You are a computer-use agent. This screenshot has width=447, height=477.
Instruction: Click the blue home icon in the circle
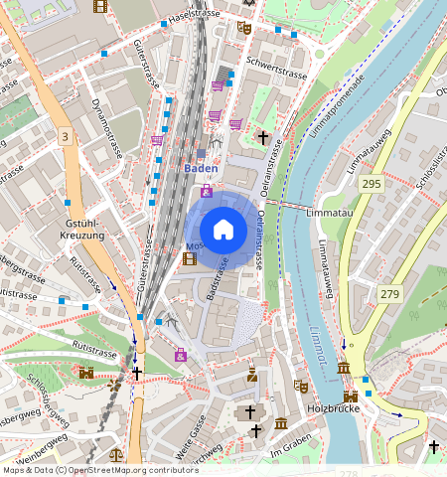(223, 230)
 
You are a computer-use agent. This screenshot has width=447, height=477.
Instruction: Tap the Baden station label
(201, 169)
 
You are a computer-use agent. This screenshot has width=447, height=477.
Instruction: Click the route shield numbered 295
(372, 185)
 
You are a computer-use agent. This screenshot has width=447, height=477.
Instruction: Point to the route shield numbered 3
(65, 135)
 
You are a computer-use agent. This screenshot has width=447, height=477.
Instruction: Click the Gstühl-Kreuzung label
(83, 228)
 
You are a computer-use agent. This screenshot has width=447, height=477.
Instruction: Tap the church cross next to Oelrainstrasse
(263, 137)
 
